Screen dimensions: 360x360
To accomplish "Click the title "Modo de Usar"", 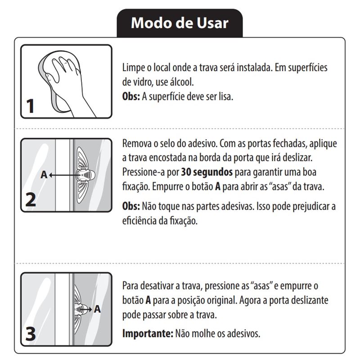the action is [x=180, y=23].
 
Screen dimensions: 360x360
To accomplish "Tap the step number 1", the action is [x=30, y=106].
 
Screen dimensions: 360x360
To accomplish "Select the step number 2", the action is [x=31, y=200].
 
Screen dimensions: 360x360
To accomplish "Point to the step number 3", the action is [x=31, y=334].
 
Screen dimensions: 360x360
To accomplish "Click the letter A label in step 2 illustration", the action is [x=44, y=175].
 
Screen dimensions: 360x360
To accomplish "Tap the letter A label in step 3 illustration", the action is [x=97, y=309].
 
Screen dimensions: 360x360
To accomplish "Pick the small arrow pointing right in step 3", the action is [x=86, y=310].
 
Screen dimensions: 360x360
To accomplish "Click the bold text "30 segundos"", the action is [x=207, y=172].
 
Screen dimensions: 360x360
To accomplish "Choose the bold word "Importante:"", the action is [x=148, y=333].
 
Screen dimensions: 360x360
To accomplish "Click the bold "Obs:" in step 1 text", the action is [x=131, y=96].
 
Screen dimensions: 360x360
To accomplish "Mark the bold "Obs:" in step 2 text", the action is [x=131, y=206].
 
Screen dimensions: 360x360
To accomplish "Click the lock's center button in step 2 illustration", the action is [x=85, y=175].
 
